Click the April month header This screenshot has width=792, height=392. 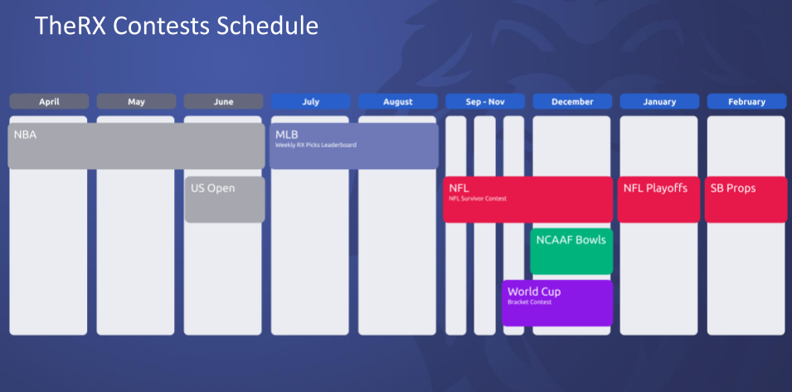(49, 101)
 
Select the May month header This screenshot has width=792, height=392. (136, 101)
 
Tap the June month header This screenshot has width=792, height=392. (223, 101)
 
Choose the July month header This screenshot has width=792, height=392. (311, 101)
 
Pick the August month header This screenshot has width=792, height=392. (398, 101)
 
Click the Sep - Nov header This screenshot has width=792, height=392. (485, 101)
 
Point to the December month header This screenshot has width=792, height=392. (572, 101)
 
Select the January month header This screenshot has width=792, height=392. (659, 101)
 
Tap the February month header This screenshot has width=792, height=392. (746, 101)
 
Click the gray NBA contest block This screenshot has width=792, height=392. (136, 146)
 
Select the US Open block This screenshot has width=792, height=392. (225, 199)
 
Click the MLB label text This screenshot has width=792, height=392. (286, 135)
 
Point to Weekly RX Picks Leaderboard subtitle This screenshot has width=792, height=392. (316, 145)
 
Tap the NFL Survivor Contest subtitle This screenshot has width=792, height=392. (478, 199)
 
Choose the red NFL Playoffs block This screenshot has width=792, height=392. (658, 199)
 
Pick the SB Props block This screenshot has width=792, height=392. (746, 199)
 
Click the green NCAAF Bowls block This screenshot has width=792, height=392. (571, 251)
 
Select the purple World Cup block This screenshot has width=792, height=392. (557, 303)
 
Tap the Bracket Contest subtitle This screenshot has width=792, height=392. (529, 302)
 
